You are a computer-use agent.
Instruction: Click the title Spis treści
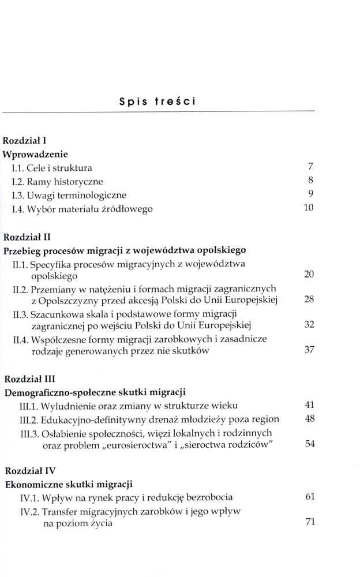click(x=157, y=102)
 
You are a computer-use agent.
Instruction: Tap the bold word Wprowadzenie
click(x=35, y=155)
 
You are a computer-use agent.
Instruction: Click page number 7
click(x=310, y=167)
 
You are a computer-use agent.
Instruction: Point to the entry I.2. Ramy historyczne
click(x=56, y=182)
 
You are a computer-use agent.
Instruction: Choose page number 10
click(x=308, y=208)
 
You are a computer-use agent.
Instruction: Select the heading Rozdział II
click(x=27, y=237)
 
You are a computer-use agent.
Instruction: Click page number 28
click(x=309, y=300)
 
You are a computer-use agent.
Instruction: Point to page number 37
click(x=309, y=350)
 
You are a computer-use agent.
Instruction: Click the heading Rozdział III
click(x=29, y=379)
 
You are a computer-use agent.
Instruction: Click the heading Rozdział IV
click(x=29, y=470)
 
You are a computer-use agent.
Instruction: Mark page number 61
click(x=309, y=497)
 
